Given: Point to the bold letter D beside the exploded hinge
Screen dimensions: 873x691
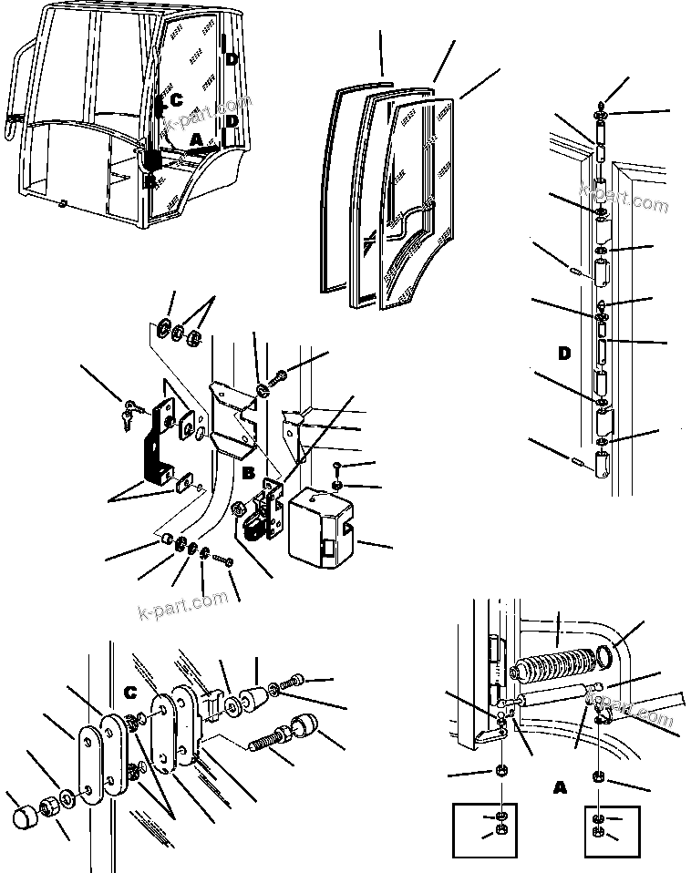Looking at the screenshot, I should [564, 353].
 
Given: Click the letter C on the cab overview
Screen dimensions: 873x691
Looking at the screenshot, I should [176, 100].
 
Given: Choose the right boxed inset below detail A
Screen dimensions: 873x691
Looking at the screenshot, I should [597, 828].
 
